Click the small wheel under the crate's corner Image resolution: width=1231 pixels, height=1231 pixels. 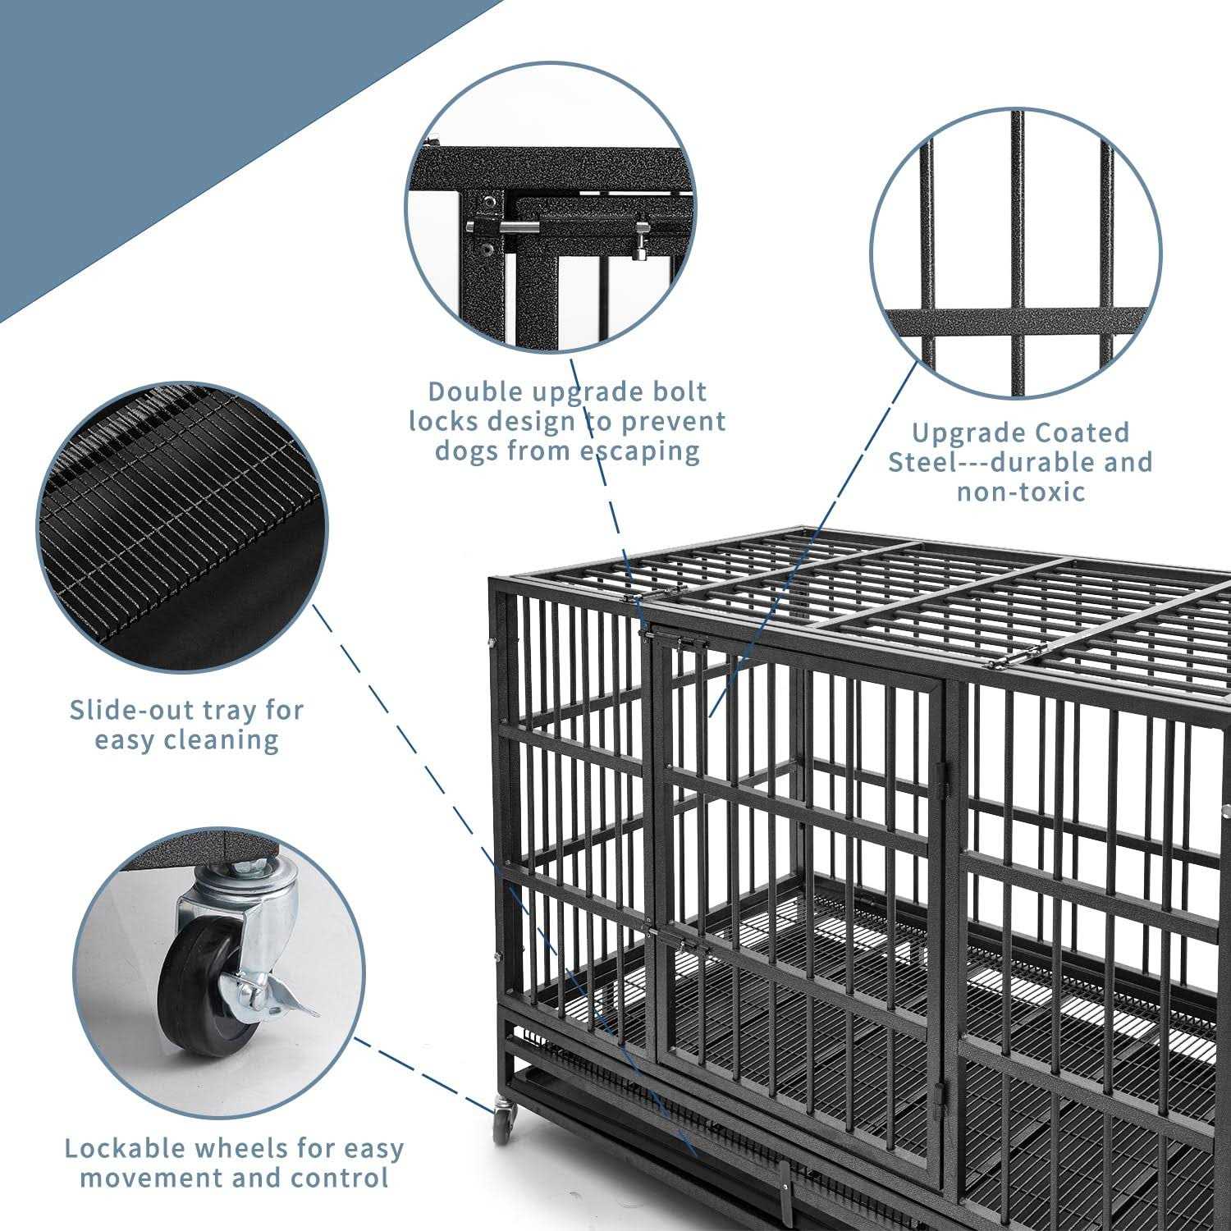point(502,1124)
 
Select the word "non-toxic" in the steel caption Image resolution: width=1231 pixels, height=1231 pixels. point(1021,492)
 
